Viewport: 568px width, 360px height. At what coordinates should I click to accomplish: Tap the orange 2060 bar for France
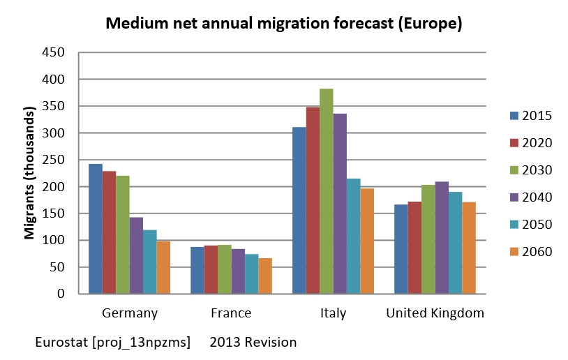265,276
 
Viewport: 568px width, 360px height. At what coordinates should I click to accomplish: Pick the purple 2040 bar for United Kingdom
442,237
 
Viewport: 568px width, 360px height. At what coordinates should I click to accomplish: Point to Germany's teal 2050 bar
150,262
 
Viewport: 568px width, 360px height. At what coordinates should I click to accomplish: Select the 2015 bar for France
197,270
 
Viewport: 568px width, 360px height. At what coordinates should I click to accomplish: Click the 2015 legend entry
530,116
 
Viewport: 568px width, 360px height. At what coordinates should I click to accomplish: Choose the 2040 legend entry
530,197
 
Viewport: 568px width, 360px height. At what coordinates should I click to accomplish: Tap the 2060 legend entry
530,252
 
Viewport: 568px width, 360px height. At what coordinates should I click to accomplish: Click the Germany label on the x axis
129,313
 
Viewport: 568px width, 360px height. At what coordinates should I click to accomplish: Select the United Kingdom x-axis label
435,313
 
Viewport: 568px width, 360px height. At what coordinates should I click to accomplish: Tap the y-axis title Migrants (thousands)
29,173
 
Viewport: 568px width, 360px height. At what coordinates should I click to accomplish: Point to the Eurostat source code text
112,343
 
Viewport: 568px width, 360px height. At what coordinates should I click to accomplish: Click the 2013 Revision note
253,343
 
